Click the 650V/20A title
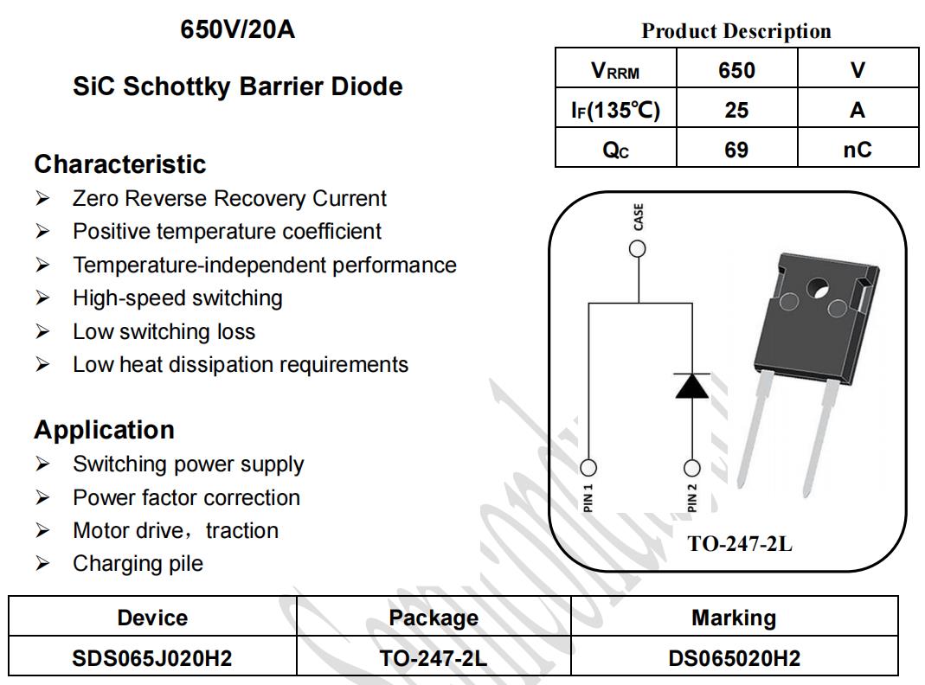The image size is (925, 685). pyautogui.click(x=237, y=29)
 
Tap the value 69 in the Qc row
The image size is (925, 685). pyautogui.click(x=736, y=150)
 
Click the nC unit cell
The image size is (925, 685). pyautogui.click(x=858, y=150)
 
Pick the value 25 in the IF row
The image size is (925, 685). pyautogui.click(x=736, y=110)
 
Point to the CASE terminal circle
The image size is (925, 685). pyautogui.click(x=638, y=249)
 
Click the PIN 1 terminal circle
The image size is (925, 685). pyautogui.click(x=588, y=468)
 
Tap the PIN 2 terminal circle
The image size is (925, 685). pyautogui.click(x=692, y=468)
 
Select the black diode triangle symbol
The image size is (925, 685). pyautogui.click(x=692, y=386)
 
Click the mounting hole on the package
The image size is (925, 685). pyautogui.click(x=818, y=288)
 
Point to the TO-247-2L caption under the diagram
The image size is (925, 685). pyautogui.click(x=740, y=543)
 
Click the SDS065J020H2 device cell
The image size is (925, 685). pyautogui.click(x=152, y=658)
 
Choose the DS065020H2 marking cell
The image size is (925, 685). pyautogui.click(x=735, y=658)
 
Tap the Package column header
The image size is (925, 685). pyautogui.click(x=434, y=618)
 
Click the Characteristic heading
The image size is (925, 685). pyautogui.click(x=120, y=163)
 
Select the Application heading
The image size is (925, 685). pyautogui.click(x=105, y=430)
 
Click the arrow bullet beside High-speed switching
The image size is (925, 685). pyautogui.click(x=42, y=298)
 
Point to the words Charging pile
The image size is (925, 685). pyautogui.click(x=138, y=564)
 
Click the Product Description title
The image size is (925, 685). pyautogui.click(x=736, y=31)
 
